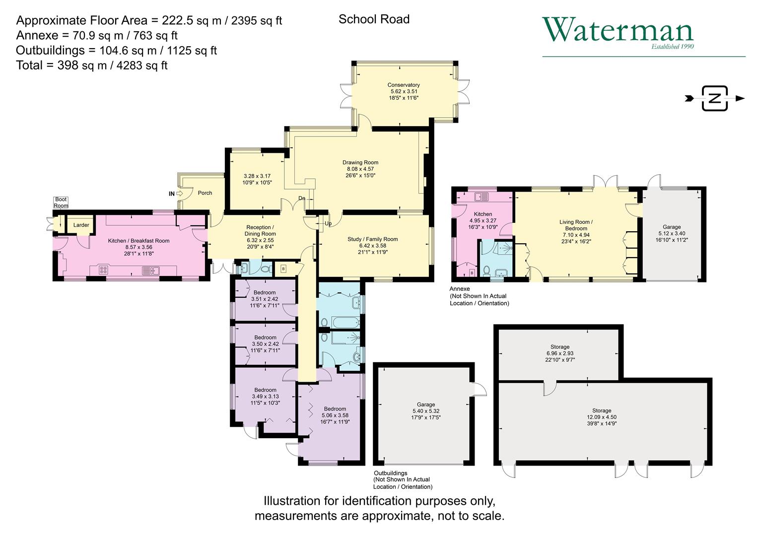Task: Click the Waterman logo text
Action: click(618, 30)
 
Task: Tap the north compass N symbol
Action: click(714, 98)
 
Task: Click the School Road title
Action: click(374, 19)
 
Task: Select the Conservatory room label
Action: click(404, 85)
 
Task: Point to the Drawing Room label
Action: click(360, 162)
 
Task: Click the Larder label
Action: click(81, 225)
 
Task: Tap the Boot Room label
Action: click(61, 202)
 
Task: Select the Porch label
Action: click(205, 193)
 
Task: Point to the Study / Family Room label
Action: click(372, 239)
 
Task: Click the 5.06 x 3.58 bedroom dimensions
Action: click(335, 415)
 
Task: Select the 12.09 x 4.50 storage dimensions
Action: click(602, 417)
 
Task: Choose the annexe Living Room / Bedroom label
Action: click(576, 225)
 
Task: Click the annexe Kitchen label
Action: click(483, 214)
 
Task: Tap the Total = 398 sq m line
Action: click(92, 65)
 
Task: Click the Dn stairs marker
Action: click(302, 198)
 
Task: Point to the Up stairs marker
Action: click(328, 224)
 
